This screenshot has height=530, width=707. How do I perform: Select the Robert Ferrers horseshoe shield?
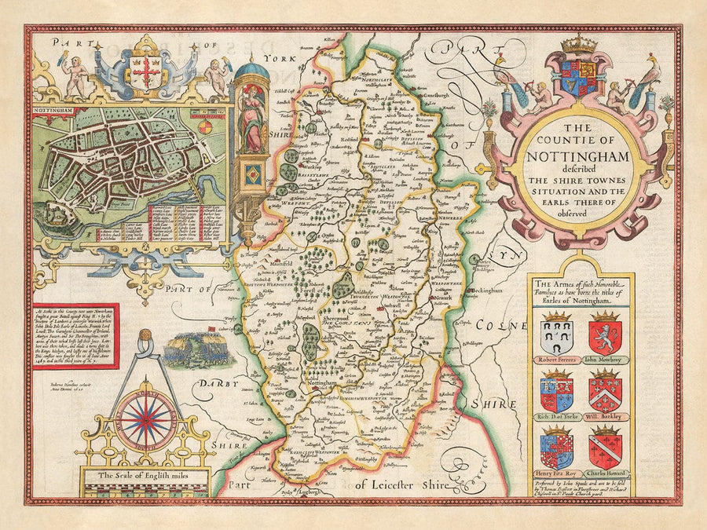click(x=557, y=333)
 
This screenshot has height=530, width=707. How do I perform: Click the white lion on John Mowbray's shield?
click(x=605, y=334)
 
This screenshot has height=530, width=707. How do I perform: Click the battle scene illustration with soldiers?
click(x=198, y=349)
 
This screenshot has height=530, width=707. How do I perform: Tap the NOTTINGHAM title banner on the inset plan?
click(x=54, y=111)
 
